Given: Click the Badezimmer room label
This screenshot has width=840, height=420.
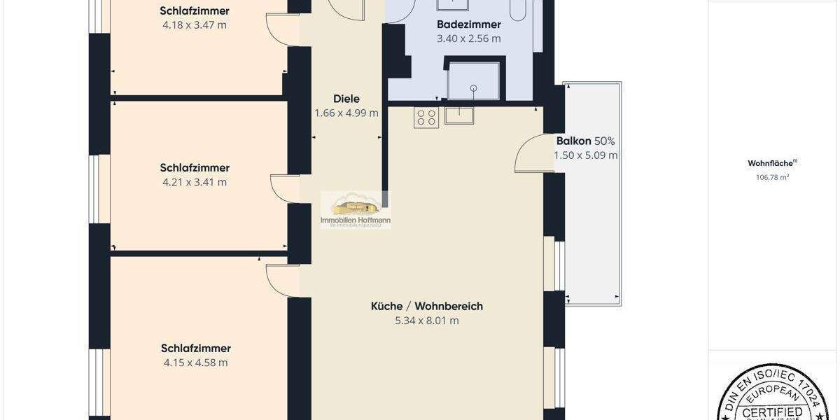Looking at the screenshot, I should tap(468, 24).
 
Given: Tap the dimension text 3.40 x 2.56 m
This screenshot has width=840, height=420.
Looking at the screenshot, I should tap(468, 38).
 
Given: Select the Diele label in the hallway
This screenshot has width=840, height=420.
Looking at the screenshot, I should tap(346, 99).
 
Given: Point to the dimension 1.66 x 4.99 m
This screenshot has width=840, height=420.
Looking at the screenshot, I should tap(346, 113).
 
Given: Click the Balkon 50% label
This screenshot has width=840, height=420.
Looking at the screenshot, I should tap(585, 141).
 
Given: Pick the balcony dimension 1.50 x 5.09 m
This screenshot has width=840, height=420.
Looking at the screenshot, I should tap(585, 155).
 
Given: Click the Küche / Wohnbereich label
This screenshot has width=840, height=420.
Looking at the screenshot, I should tap(426, 306).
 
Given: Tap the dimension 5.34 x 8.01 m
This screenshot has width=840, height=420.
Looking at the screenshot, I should tap(426, 321).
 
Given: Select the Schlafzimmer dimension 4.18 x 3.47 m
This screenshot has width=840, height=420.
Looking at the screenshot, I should tap(195, 25).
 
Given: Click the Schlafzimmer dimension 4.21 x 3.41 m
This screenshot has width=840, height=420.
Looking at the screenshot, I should tap(195, 182).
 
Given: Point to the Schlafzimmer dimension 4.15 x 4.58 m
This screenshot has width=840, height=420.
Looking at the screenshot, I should tap(195, 363).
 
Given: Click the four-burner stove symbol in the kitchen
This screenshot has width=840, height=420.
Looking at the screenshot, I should tap(427, 117).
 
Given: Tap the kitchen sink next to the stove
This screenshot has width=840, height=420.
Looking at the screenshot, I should tap(459, 115).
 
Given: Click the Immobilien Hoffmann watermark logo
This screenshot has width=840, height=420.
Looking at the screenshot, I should tap(356, 210).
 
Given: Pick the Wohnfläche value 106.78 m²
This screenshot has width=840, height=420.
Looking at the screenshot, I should tap(772, 178).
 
